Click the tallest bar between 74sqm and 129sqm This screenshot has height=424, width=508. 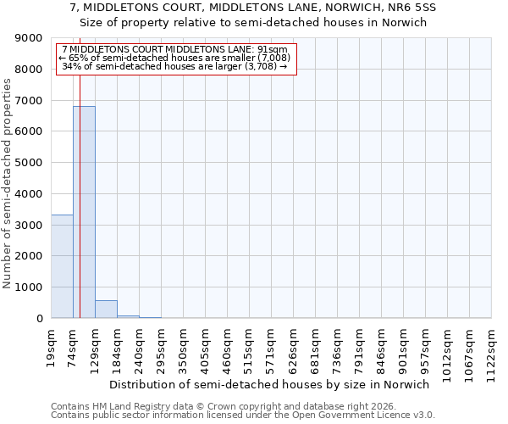[84, 212]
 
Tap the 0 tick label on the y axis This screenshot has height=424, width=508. [39, 319]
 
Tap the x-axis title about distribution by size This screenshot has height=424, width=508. [270, 384]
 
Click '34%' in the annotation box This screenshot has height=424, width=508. [70, 66]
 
